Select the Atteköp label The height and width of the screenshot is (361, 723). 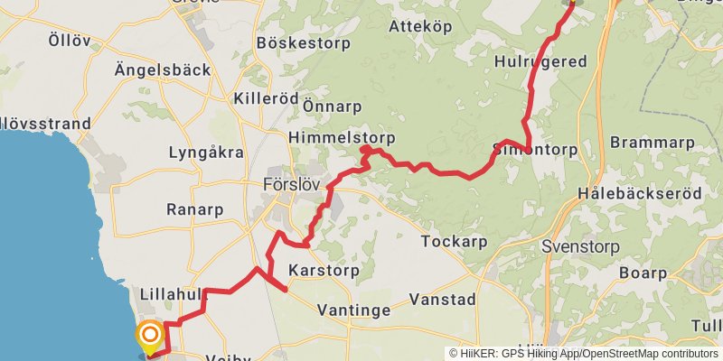[x=419, y=27]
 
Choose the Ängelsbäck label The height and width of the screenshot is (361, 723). [x=163, y=69]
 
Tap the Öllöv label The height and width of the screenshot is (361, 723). [x=70, y=41]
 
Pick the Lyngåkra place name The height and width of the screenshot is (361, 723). [x=206, y=153]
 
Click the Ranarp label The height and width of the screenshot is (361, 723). [x=194, y=209]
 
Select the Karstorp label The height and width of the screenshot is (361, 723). [x=324, y=270]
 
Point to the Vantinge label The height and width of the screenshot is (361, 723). [x=354, y=310]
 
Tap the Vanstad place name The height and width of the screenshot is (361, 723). [x=442, y=298]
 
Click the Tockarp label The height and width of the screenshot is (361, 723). [x=455, y=241]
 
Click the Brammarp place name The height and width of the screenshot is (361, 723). [x=653, y=143]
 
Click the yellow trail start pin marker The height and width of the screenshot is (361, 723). [x=149, y=338]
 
